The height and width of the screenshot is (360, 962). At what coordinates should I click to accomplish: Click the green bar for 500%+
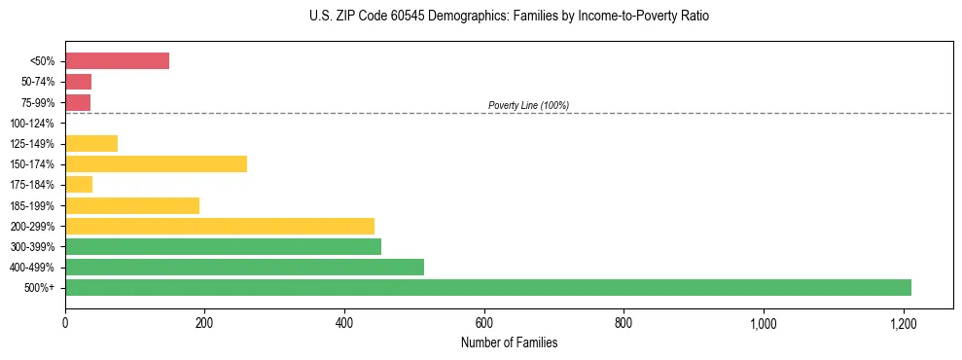coord(487,287)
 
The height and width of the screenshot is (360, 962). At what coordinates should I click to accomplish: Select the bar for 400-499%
coord(244,267)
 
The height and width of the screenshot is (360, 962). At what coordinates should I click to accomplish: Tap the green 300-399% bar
coord(223,246)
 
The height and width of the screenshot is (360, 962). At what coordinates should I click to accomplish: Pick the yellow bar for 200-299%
coord(220,226)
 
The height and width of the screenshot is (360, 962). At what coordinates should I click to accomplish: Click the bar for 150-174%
coord(156,163)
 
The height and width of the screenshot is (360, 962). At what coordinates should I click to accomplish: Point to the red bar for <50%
coord(117,61)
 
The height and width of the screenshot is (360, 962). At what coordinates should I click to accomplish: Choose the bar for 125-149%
coord(91,143)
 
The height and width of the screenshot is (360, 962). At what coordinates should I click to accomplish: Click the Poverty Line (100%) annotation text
coord(528,105)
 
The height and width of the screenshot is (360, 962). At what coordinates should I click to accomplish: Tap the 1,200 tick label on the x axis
coord(903,323)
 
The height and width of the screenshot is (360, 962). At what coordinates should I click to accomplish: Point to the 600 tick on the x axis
coord(484,323)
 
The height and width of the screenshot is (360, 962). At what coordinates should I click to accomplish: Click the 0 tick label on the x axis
coord(65,323)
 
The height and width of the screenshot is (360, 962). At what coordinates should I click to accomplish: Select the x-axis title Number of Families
coord(509,342)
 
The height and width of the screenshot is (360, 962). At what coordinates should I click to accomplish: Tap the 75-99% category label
coord(38,102)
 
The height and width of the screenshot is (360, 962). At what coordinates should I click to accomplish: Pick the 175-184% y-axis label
coord(34,185)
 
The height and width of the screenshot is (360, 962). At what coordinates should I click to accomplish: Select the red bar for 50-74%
coord(78,82)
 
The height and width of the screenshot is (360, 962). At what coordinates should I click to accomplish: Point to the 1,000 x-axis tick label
coord(763,323)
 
